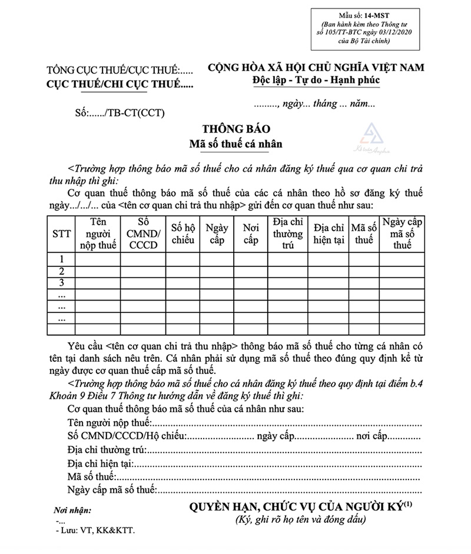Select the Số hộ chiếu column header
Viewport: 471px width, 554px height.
click(x=183, y=233)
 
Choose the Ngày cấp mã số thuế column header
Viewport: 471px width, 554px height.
click(x=402, y=233)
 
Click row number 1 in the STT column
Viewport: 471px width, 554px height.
click(x=61, y=259)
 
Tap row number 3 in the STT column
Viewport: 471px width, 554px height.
click(x=61, y=283)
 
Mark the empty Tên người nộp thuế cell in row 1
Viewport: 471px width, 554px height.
click(x=98, y=259)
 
